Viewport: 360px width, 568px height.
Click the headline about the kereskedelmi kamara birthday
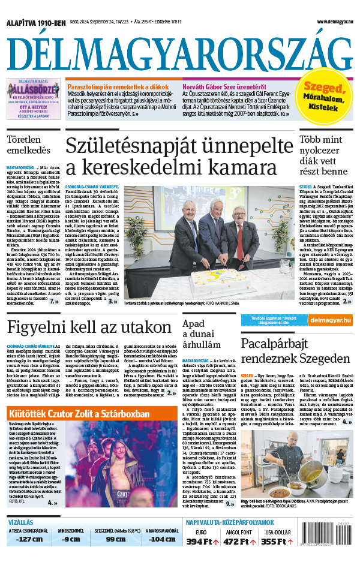(x=172, y=156)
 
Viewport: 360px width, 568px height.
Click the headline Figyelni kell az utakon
(x=90, y=327)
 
